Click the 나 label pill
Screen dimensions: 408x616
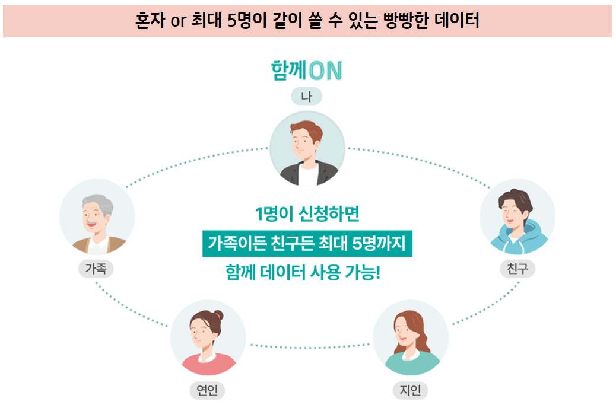(x=306, y=97)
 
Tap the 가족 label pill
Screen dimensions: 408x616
(x=96, y=269)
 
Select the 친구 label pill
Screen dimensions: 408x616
(x=517, y=269)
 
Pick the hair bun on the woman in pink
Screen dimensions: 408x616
(x=218, y=316)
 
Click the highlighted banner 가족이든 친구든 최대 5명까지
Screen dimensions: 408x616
(x=307, y=243)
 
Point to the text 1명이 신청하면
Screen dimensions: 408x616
(x=307, y=213)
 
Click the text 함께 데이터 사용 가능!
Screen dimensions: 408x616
(x=303, y=273)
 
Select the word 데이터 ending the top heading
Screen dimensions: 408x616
(x=458, y=20)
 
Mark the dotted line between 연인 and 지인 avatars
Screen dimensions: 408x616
(x=309, y=346)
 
